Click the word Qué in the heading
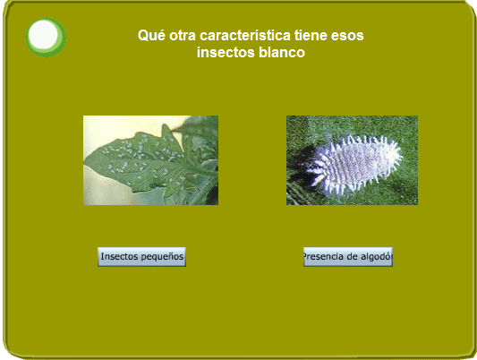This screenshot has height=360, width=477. point(151,35)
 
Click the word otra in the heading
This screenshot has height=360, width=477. point(183,36)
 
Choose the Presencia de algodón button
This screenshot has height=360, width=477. point(348,257)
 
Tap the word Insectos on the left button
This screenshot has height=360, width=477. point(120,256)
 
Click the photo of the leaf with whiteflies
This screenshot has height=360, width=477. point(151,160)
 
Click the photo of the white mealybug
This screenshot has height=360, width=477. point(352,160)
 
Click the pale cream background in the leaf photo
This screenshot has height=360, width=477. point(115,128)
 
